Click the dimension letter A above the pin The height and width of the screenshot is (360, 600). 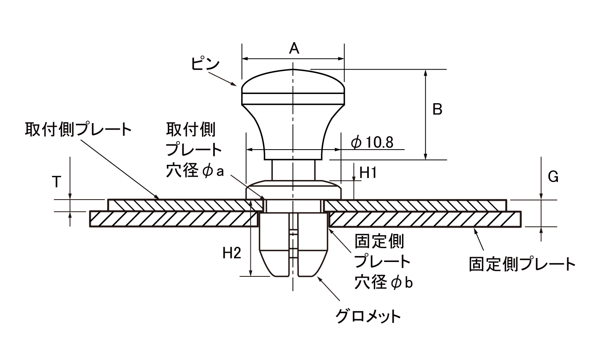pyautogui.click(x=294, y=49)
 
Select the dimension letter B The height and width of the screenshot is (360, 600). pyautogui.click(x=437, y=109)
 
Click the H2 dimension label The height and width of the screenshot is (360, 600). pyautogui.click(x=232, y=253)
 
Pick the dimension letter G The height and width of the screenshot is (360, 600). pyautogui.click(x=553, y=176)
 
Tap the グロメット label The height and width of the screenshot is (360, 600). pyautogui.click(x=368, y=316)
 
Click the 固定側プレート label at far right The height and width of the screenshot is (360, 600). pyautogui.click(x=522, y=264)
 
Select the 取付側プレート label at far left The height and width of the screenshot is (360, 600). pyautogui.click(x=78, y=130)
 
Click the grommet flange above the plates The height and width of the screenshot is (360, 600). pyautogui.click(x=293, y=189)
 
